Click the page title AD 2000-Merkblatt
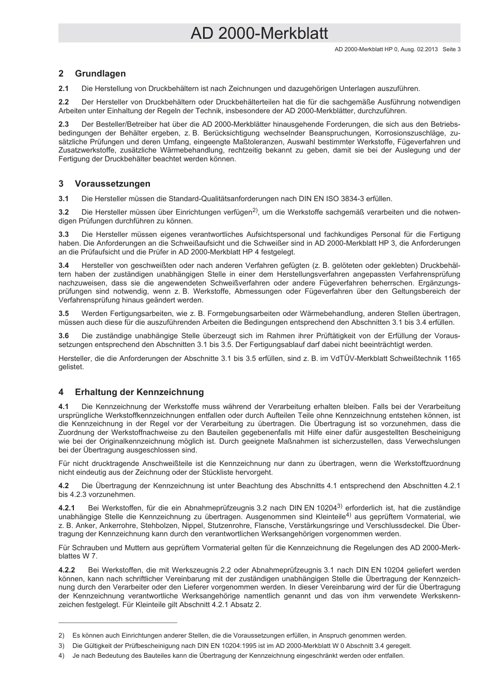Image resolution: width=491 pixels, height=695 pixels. pyautogui.click(x=259, y=34)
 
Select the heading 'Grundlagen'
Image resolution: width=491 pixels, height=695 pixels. pyautogui.click(x=100, y=73)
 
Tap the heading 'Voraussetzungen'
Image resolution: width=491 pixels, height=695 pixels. pyautogui.click(x=113, y=184)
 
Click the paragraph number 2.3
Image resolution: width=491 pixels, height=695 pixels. pyautogui.click(x=64, y=124)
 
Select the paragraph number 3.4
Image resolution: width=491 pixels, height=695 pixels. pyautogui.click(x=64, y=265)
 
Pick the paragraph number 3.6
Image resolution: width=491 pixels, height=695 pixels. pyautogui.click(x=64, y=336)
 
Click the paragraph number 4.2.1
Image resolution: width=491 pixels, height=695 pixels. pyautogui.click(x=67, y=508)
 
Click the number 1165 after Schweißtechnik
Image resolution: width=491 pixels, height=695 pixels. pyautogui.click(x=452, y=358)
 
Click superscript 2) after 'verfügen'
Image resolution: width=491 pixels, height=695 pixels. pyautogui.click(x=255, y=210)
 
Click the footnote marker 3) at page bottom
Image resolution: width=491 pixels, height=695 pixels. pyautogui.click(x=61, y=645)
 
